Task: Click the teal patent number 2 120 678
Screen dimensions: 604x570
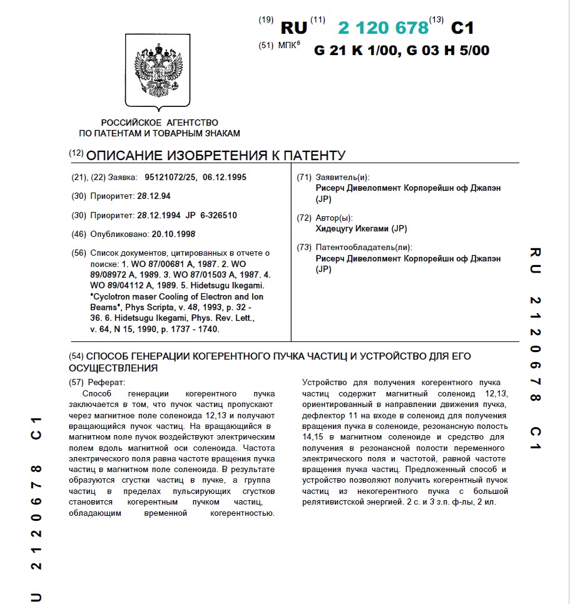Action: (x=383, y=28)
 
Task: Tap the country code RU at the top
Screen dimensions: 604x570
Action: (x=294, y=28)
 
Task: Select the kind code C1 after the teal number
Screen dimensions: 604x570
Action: (x=462, y=28)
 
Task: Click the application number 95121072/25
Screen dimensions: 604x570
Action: (x=170, y=178)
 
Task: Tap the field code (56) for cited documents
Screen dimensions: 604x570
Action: (x=79, y=253)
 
